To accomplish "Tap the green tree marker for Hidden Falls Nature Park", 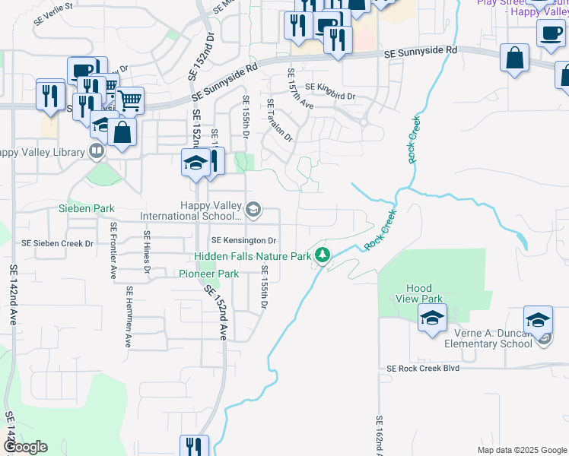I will tap(323, 255).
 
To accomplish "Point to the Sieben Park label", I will tap(87, 208).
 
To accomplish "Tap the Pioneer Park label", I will tap(208, 274).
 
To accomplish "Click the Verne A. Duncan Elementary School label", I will tap(479, 338).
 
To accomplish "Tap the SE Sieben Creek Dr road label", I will tap(57, 244).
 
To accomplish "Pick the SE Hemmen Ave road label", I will tap(130, 316).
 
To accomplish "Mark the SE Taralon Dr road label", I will tap(278, 119).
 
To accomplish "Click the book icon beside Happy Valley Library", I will tap(96, 151).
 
